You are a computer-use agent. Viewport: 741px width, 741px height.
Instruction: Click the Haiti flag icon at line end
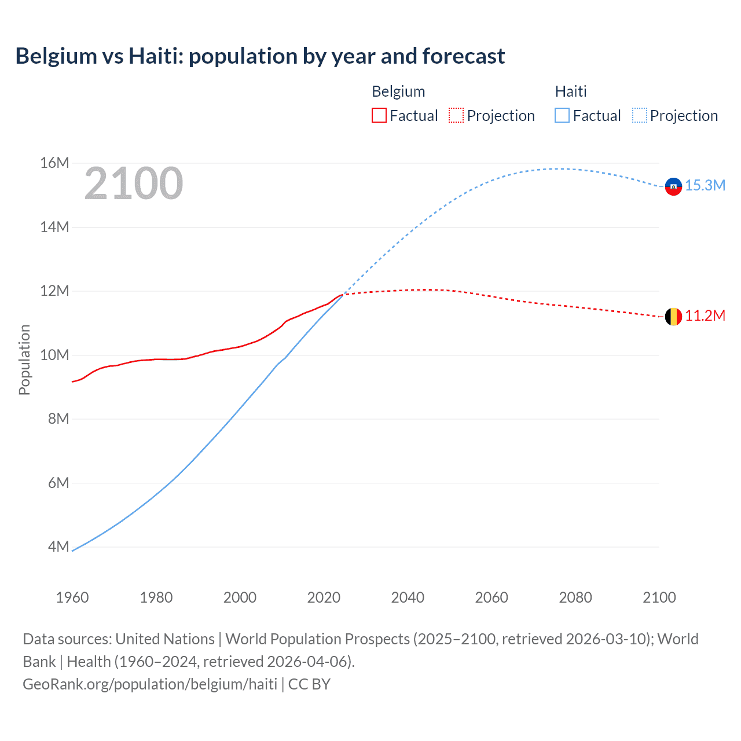tap(673, 186)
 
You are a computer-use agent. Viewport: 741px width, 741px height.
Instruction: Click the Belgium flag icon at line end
tap(673, 317)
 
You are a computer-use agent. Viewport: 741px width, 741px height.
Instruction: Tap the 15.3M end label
tap(705, 186)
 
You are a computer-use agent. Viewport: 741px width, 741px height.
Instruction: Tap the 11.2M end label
tap(705, 316)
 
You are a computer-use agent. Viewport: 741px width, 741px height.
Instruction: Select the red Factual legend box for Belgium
tap(379, 115)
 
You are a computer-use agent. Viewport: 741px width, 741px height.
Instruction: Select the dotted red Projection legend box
tap(456, 115)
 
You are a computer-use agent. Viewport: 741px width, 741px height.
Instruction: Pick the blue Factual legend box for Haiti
tap(562, 115)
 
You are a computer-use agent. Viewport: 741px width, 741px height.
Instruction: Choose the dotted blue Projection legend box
tap(639, 115)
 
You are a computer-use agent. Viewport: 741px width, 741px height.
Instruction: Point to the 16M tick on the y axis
tap(54, 163)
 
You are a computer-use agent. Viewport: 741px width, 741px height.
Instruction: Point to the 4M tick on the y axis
tap(58, 546)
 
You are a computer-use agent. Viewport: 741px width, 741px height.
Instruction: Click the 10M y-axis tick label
tap(54, 355)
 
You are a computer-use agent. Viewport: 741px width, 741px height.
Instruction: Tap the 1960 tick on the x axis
tap(72, 597)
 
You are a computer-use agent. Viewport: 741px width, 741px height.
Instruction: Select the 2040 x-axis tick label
tap(408, 597)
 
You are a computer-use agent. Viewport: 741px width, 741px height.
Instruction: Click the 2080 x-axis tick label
tap(575, 597)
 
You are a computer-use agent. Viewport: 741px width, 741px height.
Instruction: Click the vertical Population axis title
tap(24, 360)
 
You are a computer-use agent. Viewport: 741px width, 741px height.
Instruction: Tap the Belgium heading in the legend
tap(398, 91)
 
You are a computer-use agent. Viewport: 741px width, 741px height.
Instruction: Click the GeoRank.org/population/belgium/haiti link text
tap(150, 684)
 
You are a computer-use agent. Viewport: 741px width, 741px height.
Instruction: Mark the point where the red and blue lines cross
tap(344, 294)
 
